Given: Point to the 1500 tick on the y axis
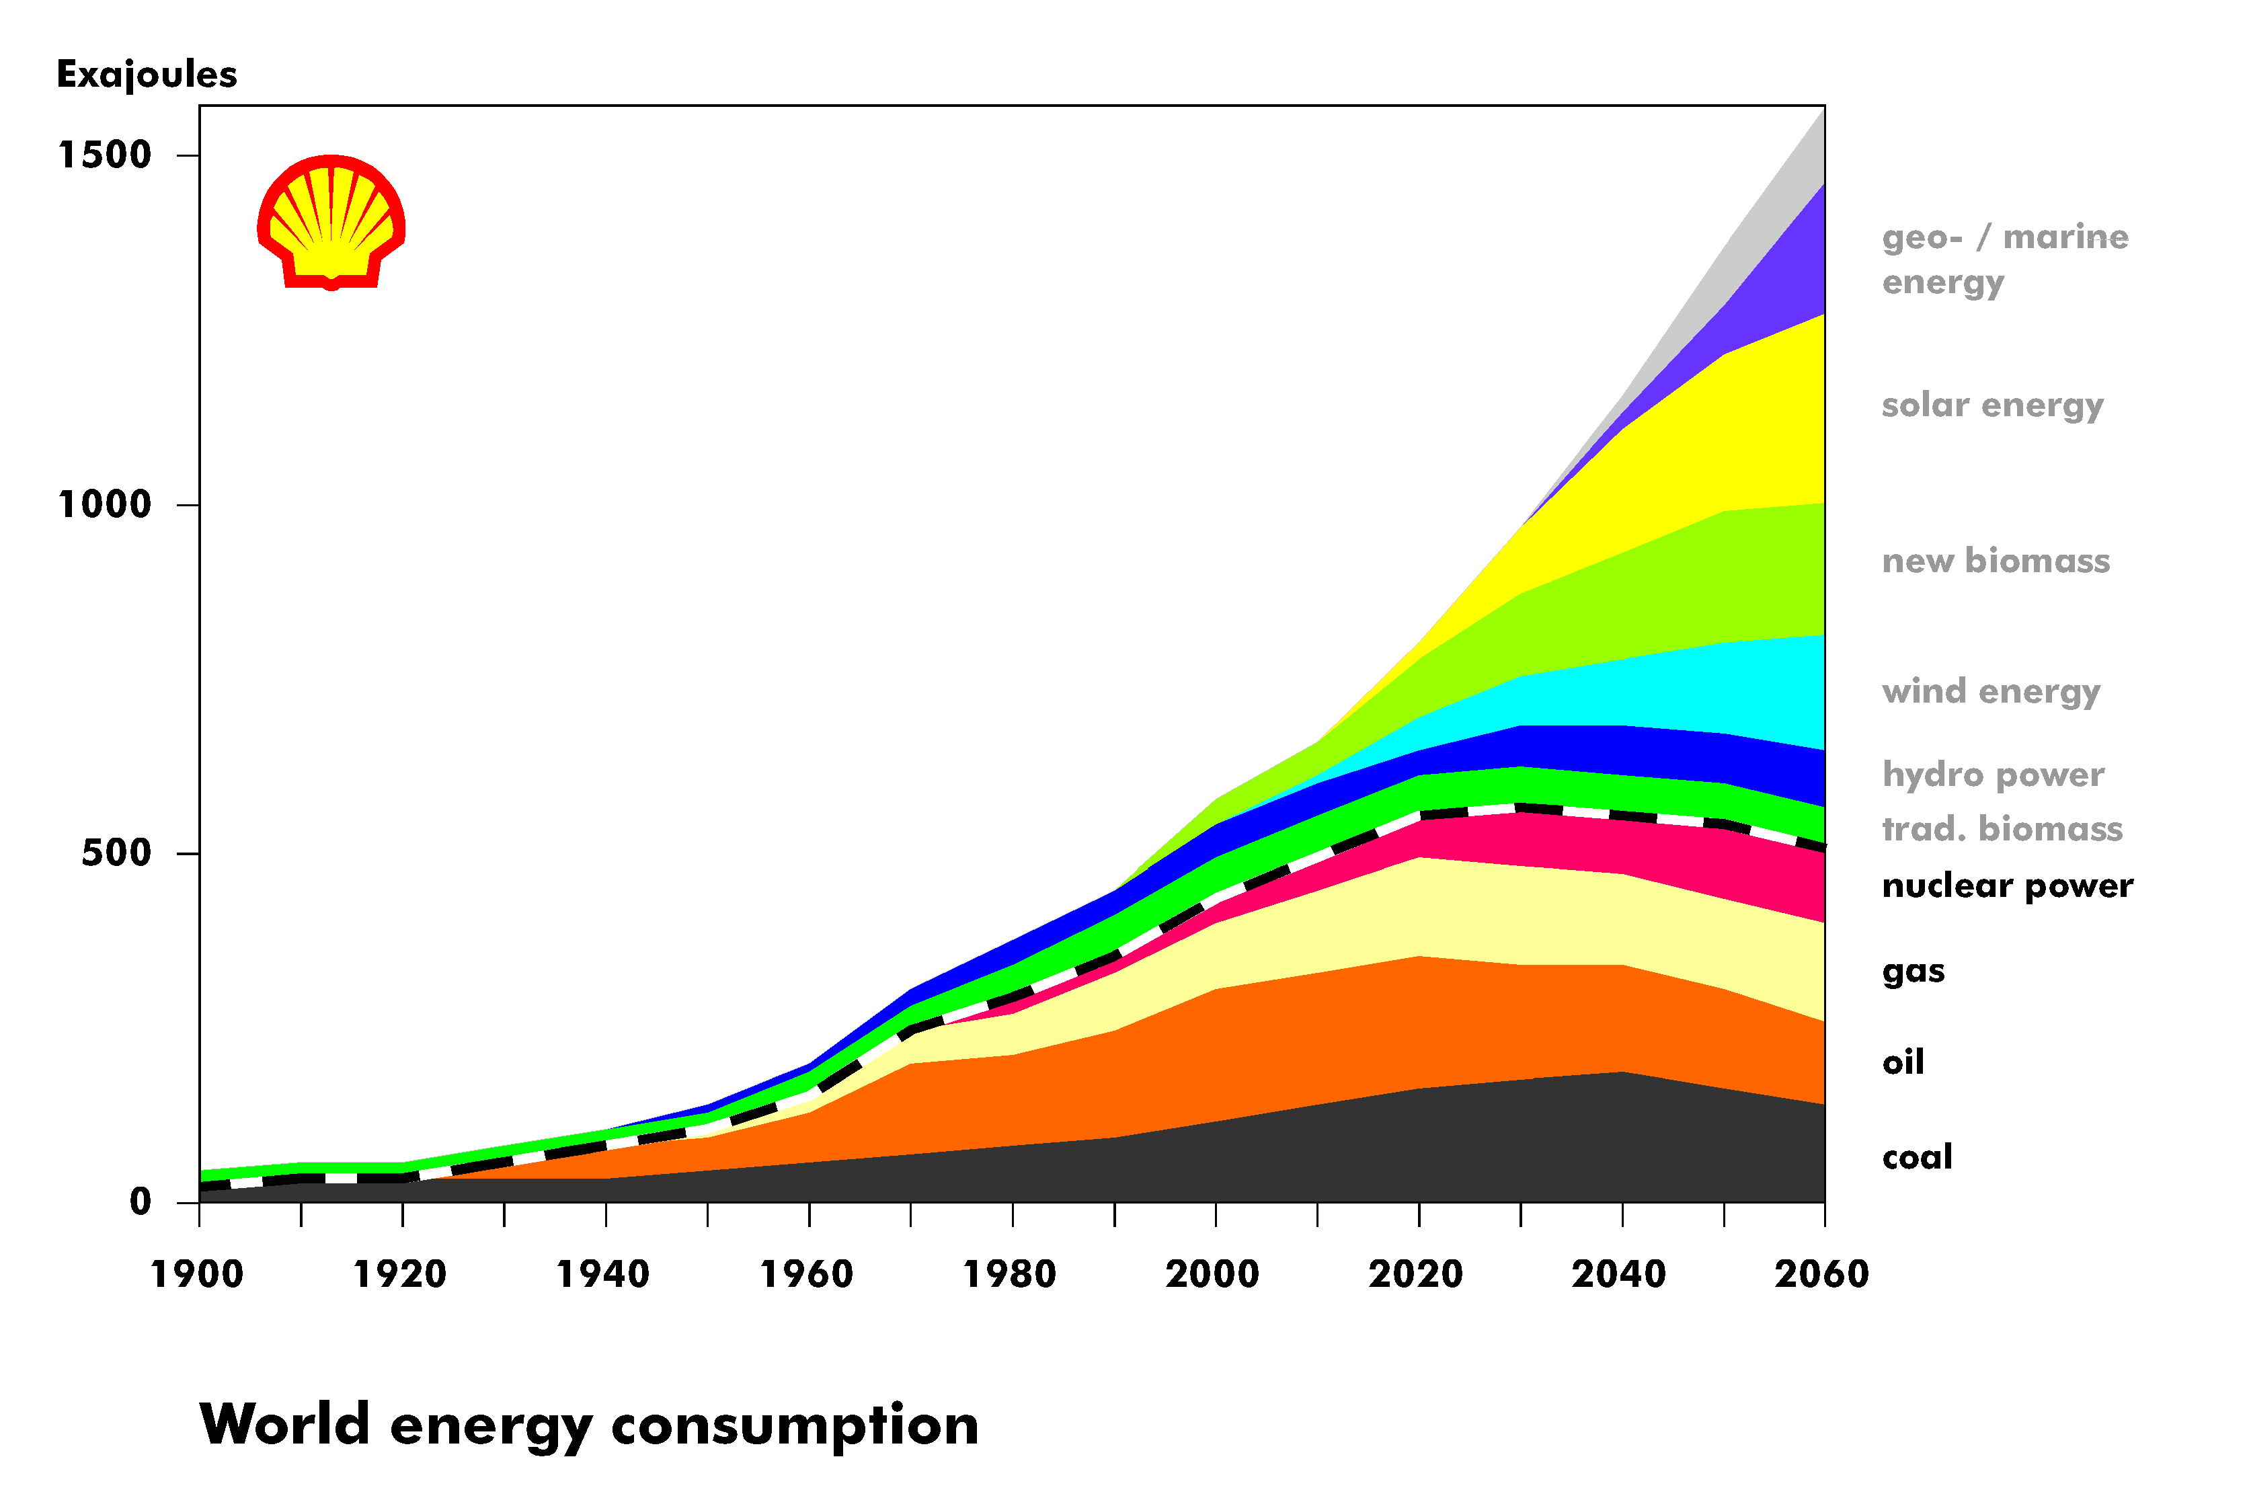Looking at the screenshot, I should coord(105,155).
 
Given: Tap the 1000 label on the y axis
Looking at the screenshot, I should coord(105,504).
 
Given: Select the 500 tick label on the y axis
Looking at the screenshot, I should coord(116,853).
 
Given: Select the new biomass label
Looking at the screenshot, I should coord(1996,561).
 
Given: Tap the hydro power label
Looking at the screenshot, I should coord(1993,775).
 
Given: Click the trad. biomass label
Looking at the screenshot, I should coord(2002,828).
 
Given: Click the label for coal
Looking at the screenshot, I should coord(1916,1157).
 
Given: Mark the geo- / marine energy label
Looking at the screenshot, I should coord(2004,259).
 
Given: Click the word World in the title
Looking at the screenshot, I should coord(284,1425).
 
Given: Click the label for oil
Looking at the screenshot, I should coord(1902,1062).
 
